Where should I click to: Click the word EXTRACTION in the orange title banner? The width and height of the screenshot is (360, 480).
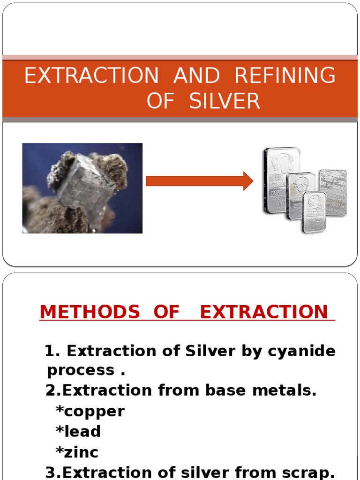92,76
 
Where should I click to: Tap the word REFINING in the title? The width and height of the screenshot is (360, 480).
285,76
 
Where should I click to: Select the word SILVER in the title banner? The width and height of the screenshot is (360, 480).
225,101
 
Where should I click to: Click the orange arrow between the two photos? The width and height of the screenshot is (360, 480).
199,181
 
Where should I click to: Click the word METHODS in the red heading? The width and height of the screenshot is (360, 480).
90,312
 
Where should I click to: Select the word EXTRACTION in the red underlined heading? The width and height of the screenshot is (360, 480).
264,312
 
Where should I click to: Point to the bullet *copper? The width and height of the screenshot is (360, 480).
90,411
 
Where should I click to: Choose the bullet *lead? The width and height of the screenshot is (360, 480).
78,431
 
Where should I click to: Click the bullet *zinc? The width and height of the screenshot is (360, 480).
77,452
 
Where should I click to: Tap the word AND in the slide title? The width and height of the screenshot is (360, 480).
196,76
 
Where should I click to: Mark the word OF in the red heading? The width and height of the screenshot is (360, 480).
166,312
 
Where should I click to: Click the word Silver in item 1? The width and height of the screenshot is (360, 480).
211,351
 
